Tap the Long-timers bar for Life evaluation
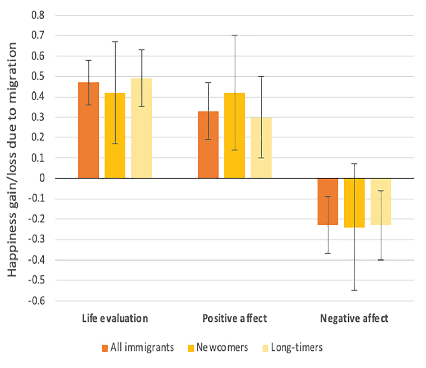pyautogui.click(x=141, y=128)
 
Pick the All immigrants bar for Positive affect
pyautogui.click(x=208, y=145)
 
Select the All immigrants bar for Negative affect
pyautogui.click(x=328, y=201)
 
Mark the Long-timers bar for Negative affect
pyautogui.click(x=381, y=201)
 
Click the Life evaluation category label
pyautogui.click(x=115, y=319)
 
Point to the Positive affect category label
pyautogui.click(x=235, y=319)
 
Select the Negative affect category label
pyautogui.click(x=354, y=319)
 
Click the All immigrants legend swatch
pyautogui.click(x=105, y=347)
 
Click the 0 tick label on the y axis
pyautogui.click(x=42, y=178)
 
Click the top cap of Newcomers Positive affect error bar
pyautogui.click(x=235, y=35)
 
